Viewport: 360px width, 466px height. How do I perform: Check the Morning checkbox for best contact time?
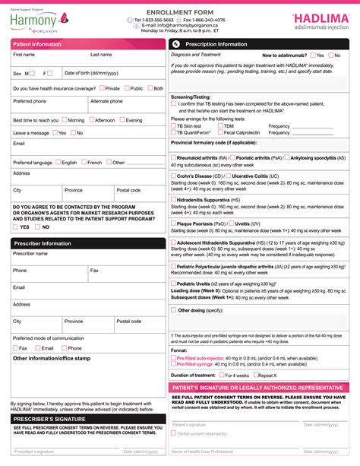(x=63, y=120)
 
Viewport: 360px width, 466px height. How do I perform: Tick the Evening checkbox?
(x=122, y=120)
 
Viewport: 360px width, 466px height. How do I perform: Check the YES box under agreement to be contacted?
(x=16, y=227)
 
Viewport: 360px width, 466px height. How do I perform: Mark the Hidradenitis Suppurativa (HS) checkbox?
(x=174, y=199)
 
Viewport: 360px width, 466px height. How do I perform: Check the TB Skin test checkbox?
(x=174, y=125)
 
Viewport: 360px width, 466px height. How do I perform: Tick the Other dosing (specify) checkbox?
(x=174, y=310)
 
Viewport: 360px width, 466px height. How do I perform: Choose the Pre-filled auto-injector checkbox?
(x=174, y=357)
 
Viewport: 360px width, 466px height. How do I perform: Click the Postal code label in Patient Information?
(x=128, y=190)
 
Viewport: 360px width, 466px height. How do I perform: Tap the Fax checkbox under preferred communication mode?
(x=16, y=347)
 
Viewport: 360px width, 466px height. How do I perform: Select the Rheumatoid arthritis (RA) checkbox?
(x=174, y=158)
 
